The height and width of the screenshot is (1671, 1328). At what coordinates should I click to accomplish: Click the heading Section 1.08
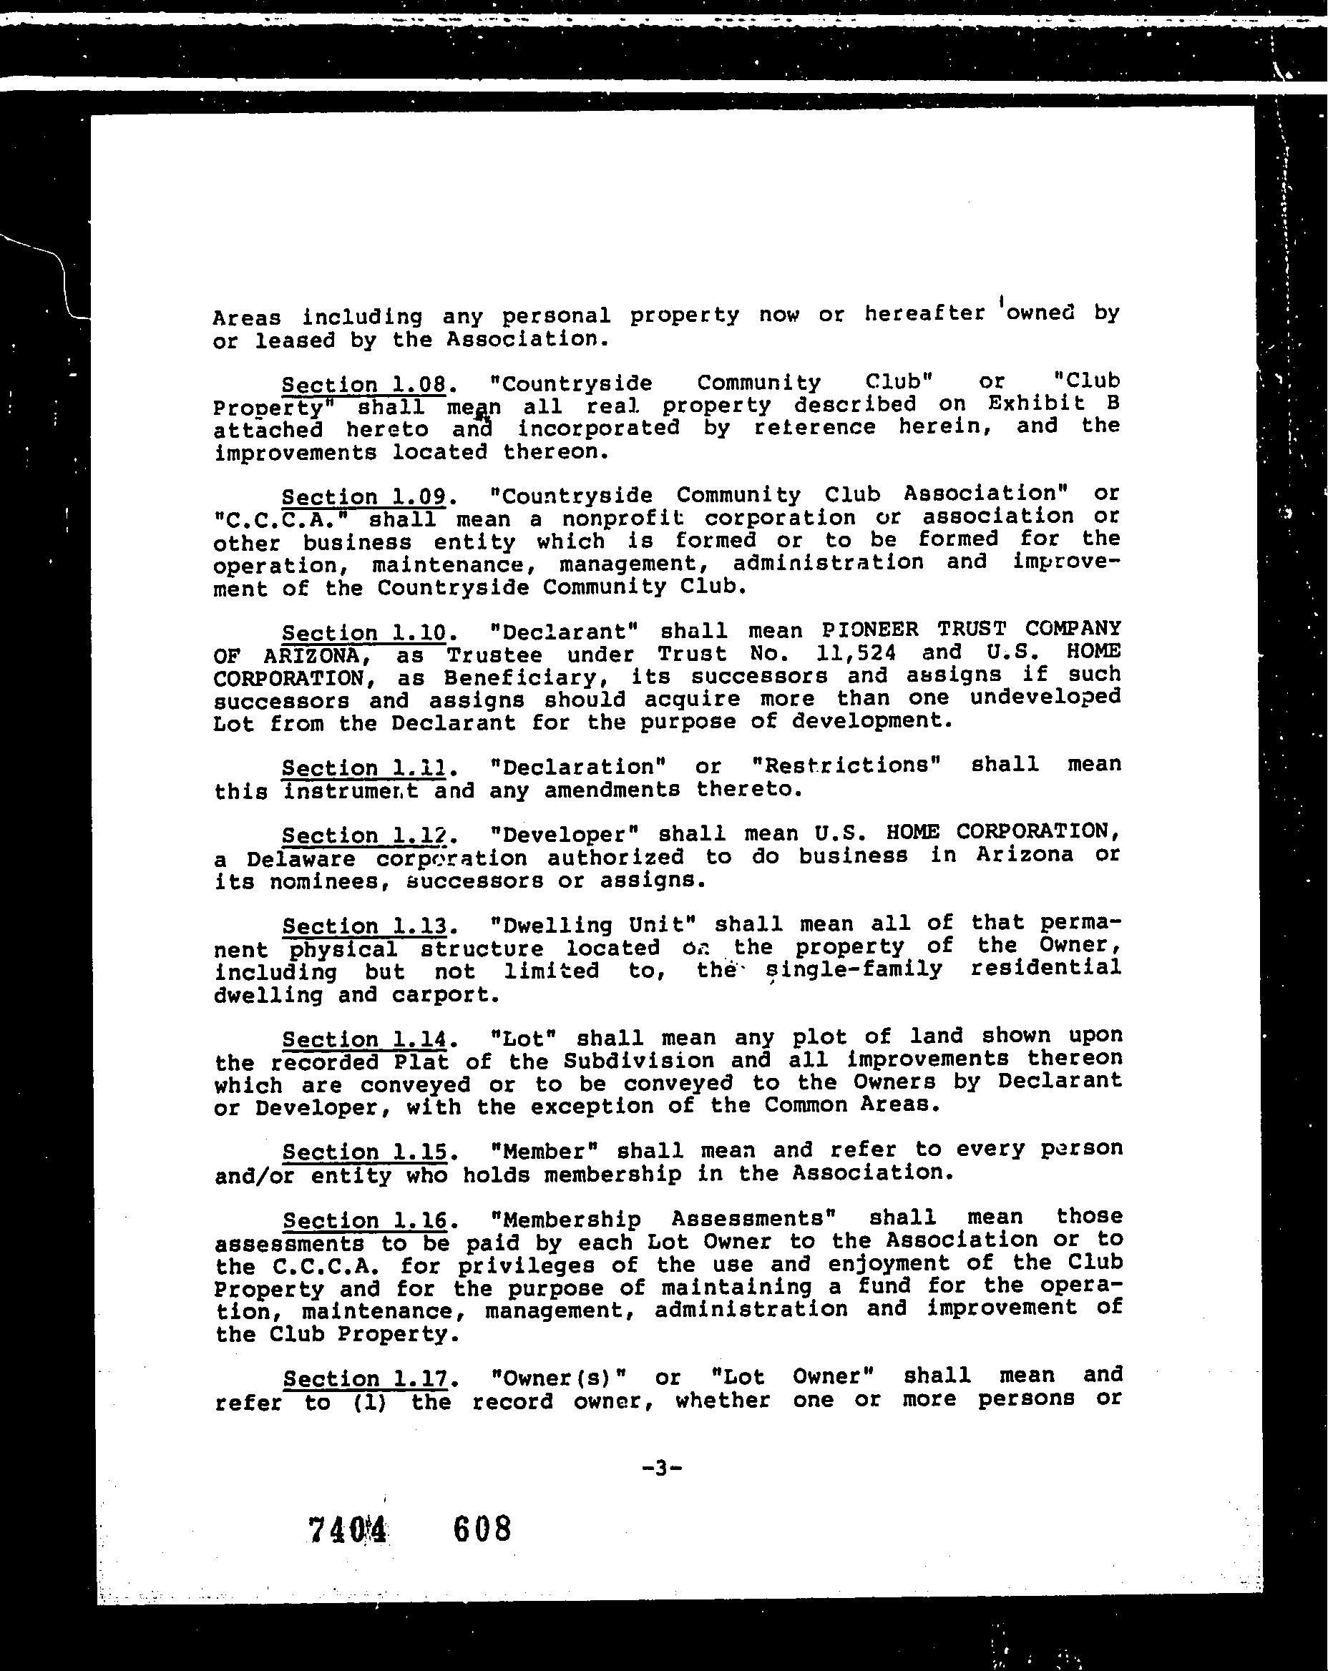click(x=363, y=385)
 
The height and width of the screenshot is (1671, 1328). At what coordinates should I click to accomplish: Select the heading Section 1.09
click(x=363, y=497)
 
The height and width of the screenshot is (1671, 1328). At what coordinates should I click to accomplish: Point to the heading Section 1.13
click(x=364, y=926)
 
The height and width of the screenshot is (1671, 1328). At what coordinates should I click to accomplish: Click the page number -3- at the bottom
click(x=661, y=1468)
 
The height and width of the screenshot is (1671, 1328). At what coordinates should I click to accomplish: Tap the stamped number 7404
click(x=346, y=1530)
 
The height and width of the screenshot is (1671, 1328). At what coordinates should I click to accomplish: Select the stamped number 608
click(x=482, y=1529)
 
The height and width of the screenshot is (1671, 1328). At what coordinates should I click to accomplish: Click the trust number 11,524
click(x=851, y=653)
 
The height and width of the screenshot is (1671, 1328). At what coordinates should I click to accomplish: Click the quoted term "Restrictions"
click(x=846, y=765)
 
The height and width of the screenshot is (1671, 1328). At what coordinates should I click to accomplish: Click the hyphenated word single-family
click(x=853, y=969)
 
